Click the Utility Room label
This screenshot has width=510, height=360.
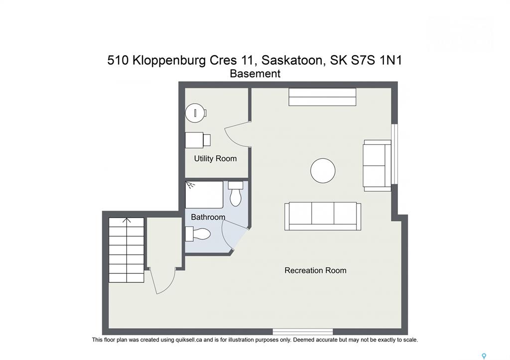coord(215,159)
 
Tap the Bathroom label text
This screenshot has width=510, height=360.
coord(208,217)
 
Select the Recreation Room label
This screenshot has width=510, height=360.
coord(315,270)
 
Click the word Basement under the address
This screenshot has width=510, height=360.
coord(255,74)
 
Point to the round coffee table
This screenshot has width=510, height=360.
coord(323,170)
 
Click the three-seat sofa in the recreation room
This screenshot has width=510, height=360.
coord(323,216)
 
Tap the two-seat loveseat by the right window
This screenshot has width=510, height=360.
coord(377,165)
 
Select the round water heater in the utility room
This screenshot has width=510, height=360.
coord(195,113)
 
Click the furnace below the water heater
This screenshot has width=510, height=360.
coord(198,140)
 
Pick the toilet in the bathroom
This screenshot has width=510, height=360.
coord(235,194)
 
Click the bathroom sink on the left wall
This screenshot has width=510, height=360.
coord(198,234)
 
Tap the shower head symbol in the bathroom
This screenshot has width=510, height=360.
coord(190,185)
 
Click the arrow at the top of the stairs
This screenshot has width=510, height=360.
coord(127,221)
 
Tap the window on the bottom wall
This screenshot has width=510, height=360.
coord(302,332)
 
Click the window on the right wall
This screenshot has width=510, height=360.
coord(394,154)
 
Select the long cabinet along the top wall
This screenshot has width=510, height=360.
coord(322,97)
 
